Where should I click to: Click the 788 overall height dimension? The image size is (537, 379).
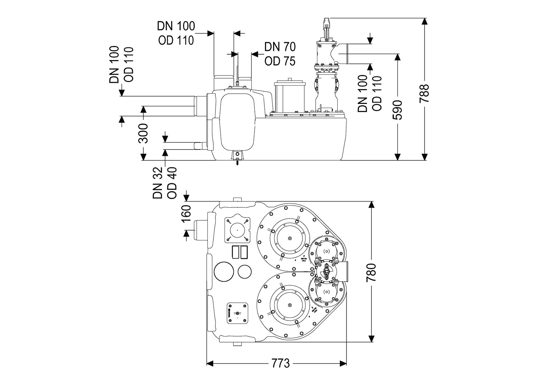click(x=425, y=93)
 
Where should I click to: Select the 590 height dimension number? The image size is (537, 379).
click(x=397, y=110)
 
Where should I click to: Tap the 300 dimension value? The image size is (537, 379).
click(x=143, y=133)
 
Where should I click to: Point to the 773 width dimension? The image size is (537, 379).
click(x=281, y=363)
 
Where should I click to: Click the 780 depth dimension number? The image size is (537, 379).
click(x=371, y=272)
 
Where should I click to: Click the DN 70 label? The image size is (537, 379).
click(x=280, y=47)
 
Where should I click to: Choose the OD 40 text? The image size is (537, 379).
click(x=172, y=183)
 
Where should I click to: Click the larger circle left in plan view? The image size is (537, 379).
click(x=224, y=271)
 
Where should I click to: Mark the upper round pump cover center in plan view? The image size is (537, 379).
click(x=290, y=239)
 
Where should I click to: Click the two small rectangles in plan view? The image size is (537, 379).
click(x=239, y=252)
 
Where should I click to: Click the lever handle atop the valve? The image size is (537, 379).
click(x=327, y=28)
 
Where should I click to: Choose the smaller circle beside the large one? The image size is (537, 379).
click(x=244, y=271)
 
